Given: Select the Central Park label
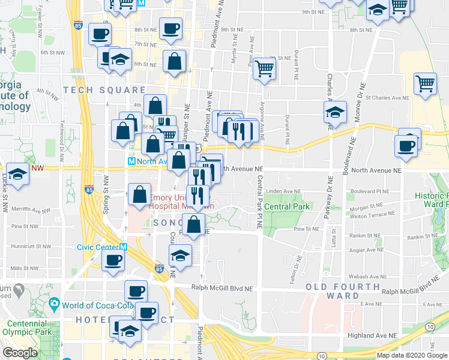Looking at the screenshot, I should pos(287,206).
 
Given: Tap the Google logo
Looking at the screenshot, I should pos(20,353).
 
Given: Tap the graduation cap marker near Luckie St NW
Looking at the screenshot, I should pos(18,174).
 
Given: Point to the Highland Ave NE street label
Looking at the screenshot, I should pos(377,336).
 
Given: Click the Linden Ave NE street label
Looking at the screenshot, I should pos(283,191).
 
